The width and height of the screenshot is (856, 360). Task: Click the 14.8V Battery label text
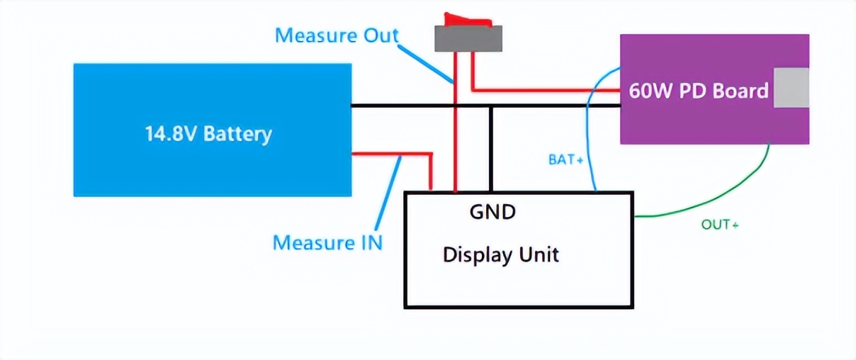[x=208, y=134]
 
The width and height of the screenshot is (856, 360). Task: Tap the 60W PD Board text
[x=698, y=91]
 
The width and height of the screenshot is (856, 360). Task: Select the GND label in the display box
[x=492, y=211]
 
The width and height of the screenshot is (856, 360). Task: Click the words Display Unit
[x=500, y=254]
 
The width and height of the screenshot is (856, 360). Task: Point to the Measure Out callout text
[x=337, y=35]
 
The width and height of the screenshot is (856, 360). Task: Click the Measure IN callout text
[x=327, y=242]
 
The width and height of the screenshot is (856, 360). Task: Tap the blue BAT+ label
[x=565, y=160]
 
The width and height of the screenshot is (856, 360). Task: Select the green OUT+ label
[x=720, y=225]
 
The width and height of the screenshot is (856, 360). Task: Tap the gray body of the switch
[x=468, y=38]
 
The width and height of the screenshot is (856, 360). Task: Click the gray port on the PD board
[x=791, y=88]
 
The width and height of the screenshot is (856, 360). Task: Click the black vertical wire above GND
[x=490, y=149]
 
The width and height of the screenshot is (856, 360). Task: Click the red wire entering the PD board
[x=546, y=90]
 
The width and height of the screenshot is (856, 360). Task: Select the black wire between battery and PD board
[x=411, y=106]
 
